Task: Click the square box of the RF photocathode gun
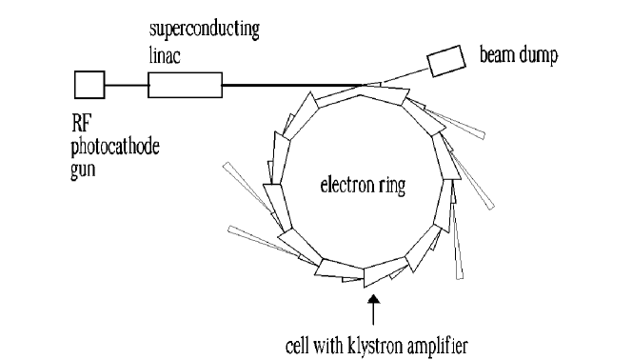89,86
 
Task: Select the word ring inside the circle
390,188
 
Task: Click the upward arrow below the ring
373,310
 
